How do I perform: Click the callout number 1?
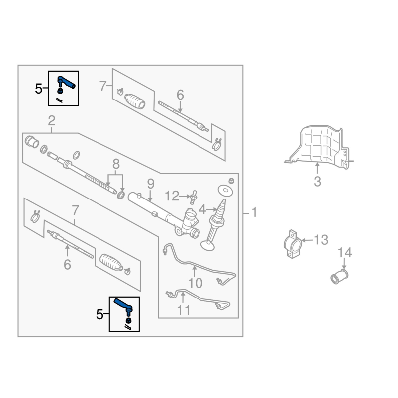coord(254,212)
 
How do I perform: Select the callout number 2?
coord(52,121)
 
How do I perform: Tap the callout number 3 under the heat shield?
coord(317,182)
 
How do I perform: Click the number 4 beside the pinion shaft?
coord(202,209)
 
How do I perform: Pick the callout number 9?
coord(151,184)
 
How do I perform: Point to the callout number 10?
coord(195,283)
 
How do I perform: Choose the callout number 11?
coord(183,310)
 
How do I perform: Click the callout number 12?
coord(172,196)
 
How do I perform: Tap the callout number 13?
coord(321,240)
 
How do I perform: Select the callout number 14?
coord(345,253)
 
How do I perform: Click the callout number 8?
coord(116,164)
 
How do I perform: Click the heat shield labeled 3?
coord(318,147)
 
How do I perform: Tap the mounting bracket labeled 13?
coord(293,244)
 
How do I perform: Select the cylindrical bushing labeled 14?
coord(339,277)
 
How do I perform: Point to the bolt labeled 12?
coord(194,197)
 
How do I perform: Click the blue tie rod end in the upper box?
coord(66,82)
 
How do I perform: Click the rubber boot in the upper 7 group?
coord(135,101)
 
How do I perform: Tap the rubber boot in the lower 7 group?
coord(111,262)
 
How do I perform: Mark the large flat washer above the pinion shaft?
coord(225,191)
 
